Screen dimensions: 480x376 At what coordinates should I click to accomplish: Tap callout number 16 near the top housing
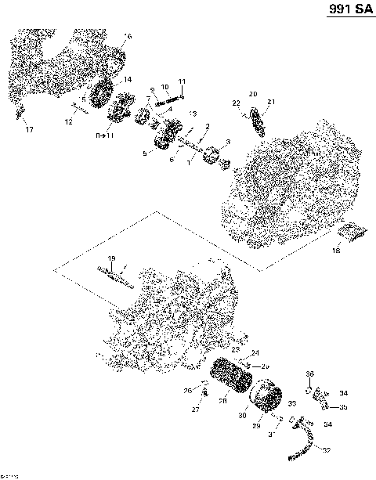point(128,37)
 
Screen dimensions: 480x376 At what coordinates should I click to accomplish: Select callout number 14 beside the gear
point(128,80)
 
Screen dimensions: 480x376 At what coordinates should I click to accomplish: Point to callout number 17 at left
point(29,128)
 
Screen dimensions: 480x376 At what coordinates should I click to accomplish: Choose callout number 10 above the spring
point(164,86)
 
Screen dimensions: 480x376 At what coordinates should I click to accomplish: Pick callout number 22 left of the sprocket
point(235,103)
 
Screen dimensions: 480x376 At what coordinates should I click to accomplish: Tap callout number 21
point(271,103)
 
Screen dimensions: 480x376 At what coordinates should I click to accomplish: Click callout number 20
point(252,94)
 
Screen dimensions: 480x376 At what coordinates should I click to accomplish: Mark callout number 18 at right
point(336,251)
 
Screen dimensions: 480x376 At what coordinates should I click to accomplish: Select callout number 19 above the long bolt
point(111,259)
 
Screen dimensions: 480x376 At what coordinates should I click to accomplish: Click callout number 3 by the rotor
point(227,142)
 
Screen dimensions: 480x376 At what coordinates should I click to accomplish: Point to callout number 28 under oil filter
point(222,401)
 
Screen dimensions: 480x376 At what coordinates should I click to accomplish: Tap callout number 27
point(196,409)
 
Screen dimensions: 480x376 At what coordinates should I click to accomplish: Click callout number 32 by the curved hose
point(326,450)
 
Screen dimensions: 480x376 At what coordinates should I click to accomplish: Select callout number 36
point(309,374)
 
